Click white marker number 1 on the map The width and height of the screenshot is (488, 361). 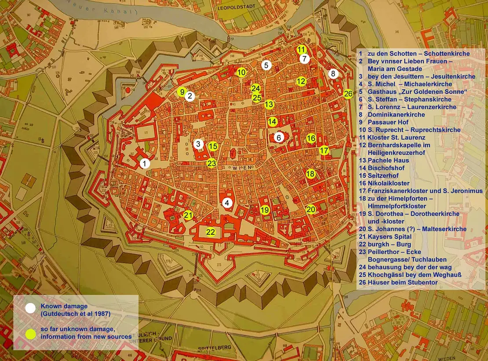tap(145, 164)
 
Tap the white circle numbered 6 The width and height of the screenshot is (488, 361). tap(279, 137)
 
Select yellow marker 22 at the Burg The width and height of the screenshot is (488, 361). tap(211, 232)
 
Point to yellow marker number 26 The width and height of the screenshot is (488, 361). tap(348, 94)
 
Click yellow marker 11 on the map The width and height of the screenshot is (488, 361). tap(302, 49)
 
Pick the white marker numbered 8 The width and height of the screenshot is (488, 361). tap(333, 73)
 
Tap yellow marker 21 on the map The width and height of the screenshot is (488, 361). tap(188, 215)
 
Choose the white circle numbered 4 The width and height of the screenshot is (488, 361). tap(227, 203)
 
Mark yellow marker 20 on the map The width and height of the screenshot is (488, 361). tap(311, 209)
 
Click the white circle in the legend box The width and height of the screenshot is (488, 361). tap(30, 308)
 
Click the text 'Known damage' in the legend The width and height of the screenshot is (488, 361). tap(64, 306)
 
